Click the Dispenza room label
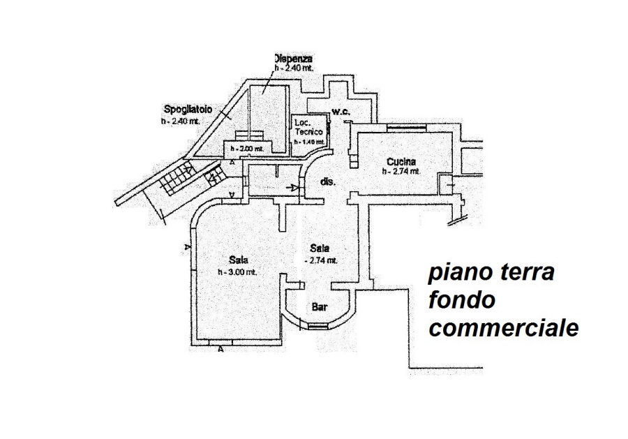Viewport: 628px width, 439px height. pyautogui.click(x=292, y=59)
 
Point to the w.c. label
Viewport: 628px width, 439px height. pyautogui.click(x=340, y=112)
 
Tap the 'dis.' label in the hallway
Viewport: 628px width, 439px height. pyautogui.click(x=328, y=181)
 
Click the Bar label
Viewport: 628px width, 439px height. pyautogui.click(x=320, y=306)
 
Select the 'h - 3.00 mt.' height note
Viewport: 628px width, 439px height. pyautogui.click(x=237, y=272)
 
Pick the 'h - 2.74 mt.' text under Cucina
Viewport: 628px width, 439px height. pyautogui.click(x=401, y=172)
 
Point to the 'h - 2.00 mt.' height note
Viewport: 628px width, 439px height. pyautogui.click(x=243, y=149)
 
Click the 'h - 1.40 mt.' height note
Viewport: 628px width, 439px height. pyautogui.click(x=308, y=142)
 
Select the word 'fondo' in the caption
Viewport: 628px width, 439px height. pyautogui.click(x=462, y=300)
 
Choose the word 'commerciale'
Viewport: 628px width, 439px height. pyautogui.click(x=503, y=328)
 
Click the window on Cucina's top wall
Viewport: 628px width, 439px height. pyautogui.click(x=405, y=128)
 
